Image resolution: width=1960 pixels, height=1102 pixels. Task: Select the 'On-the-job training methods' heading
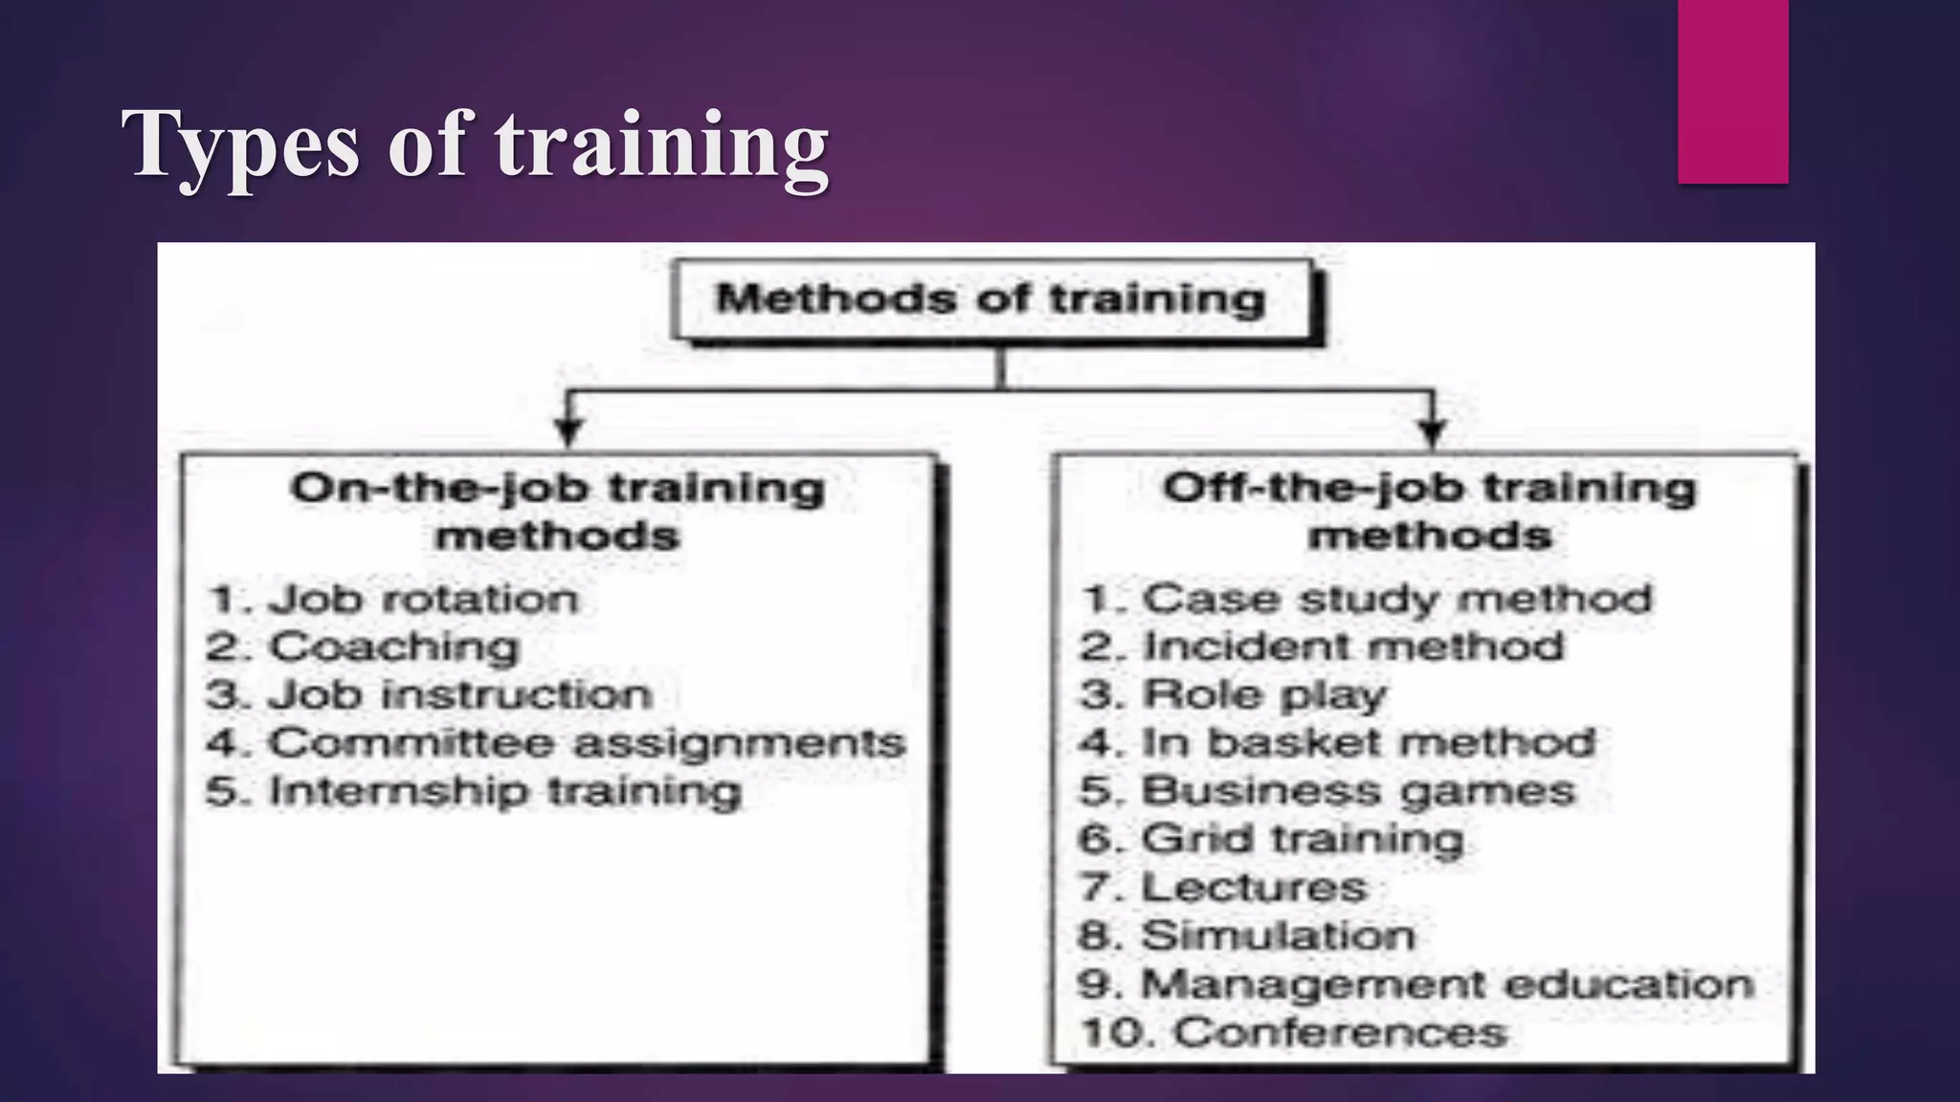[x=557, y=512]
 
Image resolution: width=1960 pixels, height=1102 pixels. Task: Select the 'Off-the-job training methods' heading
[x=1430, y=512]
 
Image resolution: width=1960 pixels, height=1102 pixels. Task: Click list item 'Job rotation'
[x=421, y=600]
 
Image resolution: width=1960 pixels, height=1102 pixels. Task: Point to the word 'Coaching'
[x=393, y=648]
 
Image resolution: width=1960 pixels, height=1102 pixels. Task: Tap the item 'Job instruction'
[x=459, y=695]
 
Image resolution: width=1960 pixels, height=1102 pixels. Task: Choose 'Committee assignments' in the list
[x=586, y=743]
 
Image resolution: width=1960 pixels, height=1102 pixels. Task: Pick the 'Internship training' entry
[x=504, y=792]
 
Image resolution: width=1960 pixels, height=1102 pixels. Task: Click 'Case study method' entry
[x=1396, y=600]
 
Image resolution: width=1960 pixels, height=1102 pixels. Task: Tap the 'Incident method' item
[x=1353, y=648]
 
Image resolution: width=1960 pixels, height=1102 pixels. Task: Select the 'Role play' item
[x=1263, y=695]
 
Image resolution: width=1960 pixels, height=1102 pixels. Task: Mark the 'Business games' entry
[x=1357, y=792]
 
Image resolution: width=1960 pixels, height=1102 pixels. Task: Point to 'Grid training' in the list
[x=1302, y=840]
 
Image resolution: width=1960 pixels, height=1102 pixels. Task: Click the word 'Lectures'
[x=1254, y=888]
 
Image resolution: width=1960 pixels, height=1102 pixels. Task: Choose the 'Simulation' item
[x=1278, y=936]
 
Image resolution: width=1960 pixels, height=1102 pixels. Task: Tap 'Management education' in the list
[x=1447, y=984]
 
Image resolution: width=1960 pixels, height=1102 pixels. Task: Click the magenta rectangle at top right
[x=1732, y=92]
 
